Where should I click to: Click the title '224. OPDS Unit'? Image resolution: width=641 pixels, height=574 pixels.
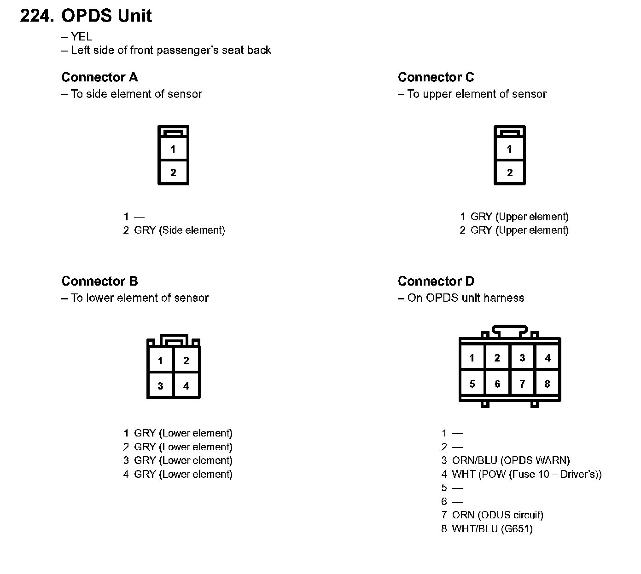tap(86, 16)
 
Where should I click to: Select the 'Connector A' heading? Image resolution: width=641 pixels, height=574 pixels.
tap(99, 77)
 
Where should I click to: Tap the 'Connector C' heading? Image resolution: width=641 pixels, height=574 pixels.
tap(436, 77)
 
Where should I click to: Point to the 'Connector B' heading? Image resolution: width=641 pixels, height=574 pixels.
tap(99, 281)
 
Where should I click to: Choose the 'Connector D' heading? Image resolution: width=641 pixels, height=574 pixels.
tap(436, 281)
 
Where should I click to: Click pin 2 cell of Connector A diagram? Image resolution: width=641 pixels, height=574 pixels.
tap(173, 172)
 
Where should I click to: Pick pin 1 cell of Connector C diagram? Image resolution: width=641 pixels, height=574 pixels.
tap(509, 149)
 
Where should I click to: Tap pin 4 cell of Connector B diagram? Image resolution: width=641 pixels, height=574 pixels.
tap(186, 385)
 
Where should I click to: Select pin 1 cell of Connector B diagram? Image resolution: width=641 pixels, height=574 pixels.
tap(160, 361)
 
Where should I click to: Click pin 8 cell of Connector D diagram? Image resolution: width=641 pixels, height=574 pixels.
tap(547, 384)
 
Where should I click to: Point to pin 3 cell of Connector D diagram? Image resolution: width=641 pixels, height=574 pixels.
tap(522, 358)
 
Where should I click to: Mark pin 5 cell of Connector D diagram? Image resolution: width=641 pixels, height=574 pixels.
tap(472, 384)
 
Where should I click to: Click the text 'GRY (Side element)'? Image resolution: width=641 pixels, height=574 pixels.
tap(179, 230)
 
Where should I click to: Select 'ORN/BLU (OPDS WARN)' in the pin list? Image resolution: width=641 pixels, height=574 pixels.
tap(511, 460)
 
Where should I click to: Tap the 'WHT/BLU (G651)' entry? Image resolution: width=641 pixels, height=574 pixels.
tap(492, 528)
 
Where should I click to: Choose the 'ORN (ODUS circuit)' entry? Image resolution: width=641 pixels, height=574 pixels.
tap(497, 515)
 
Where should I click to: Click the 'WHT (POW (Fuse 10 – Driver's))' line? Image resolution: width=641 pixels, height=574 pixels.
tap(526, 474)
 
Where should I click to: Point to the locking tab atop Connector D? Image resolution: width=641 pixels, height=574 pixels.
tap(509, 330)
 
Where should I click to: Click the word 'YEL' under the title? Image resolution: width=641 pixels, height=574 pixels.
tap(81, 37)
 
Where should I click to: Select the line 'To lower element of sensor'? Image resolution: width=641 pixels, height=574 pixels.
tap(140, 298)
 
